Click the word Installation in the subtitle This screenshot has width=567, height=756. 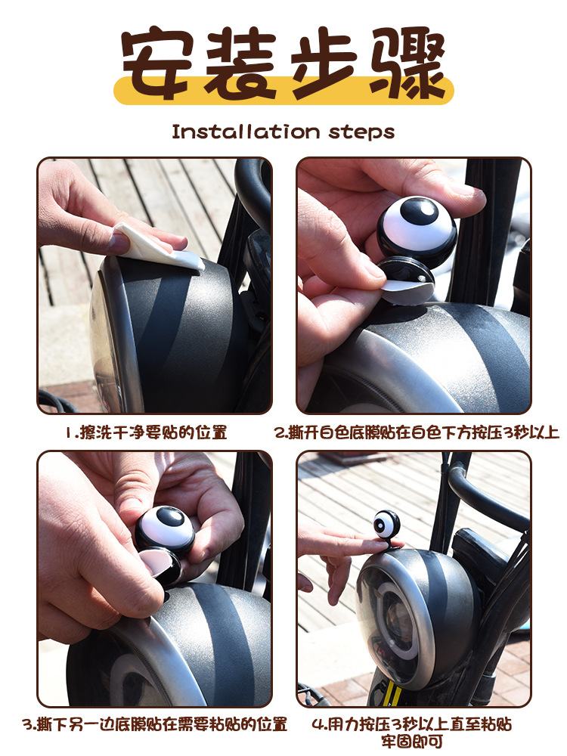[246, 131]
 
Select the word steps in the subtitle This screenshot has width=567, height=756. [361, 132]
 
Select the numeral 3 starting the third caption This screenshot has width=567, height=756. [28, 724]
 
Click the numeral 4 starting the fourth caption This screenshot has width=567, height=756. [318, 724]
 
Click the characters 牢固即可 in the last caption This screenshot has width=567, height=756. [412, 742]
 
